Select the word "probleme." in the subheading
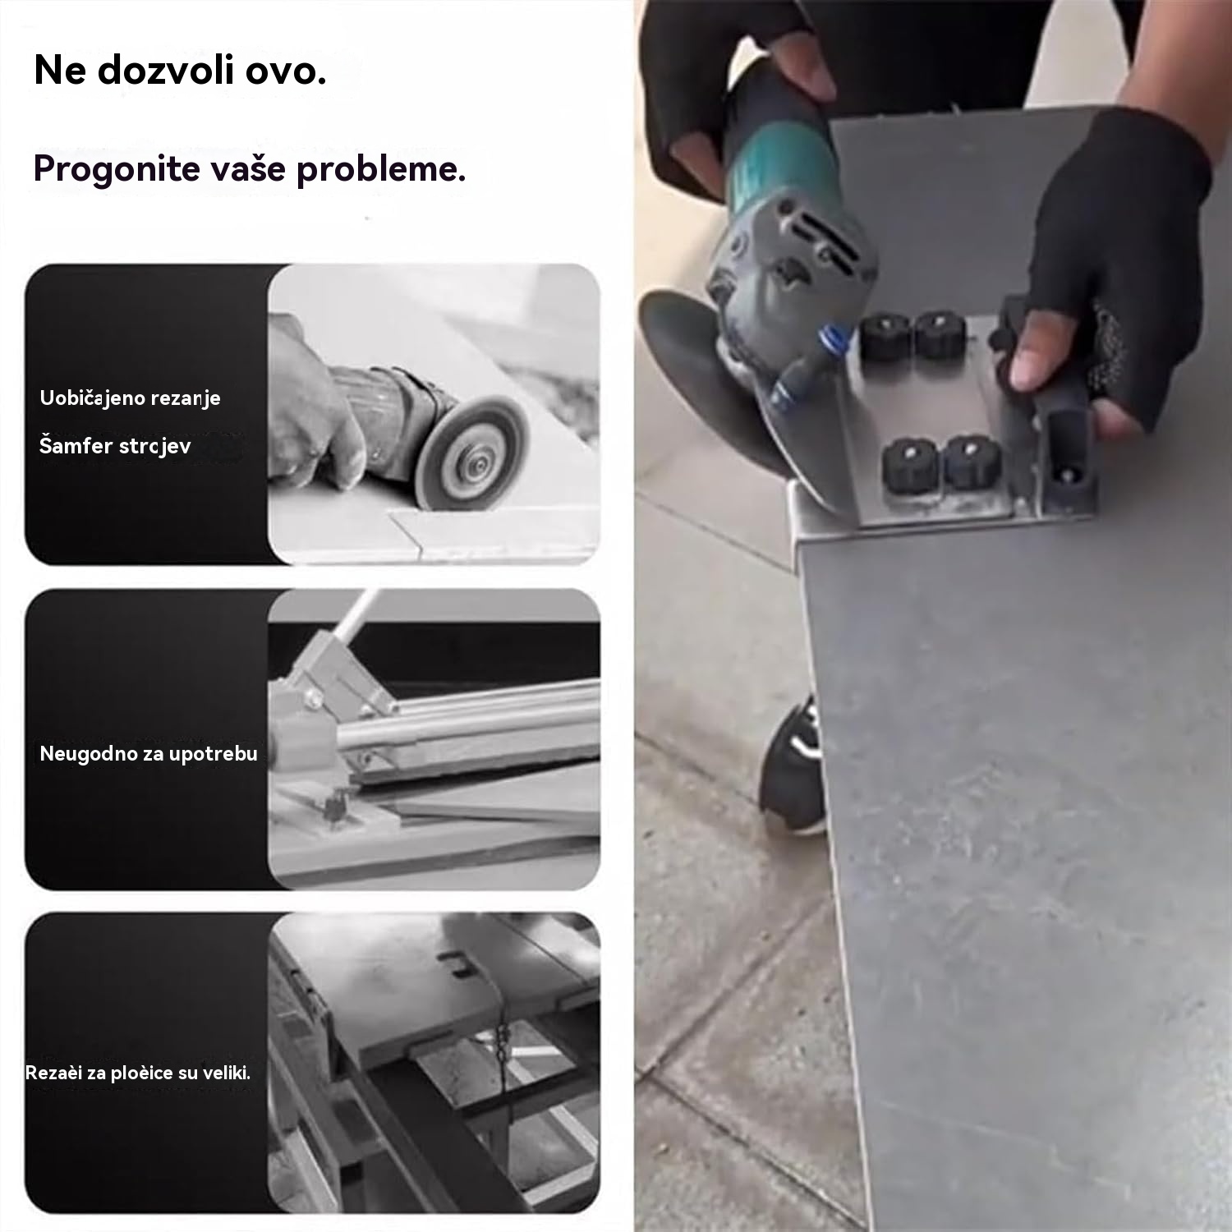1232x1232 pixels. (381, 170)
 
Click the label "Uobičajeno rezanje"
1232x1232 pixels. (130, 398)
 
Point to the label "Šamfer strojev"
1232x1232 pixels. (115, 446)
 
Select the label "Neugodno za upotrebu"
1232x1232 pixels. (149, 753)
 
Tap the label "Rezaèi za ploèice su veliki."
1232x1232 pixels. (138, 1073)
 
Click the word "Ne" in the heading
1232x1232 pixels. (60, 71)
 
